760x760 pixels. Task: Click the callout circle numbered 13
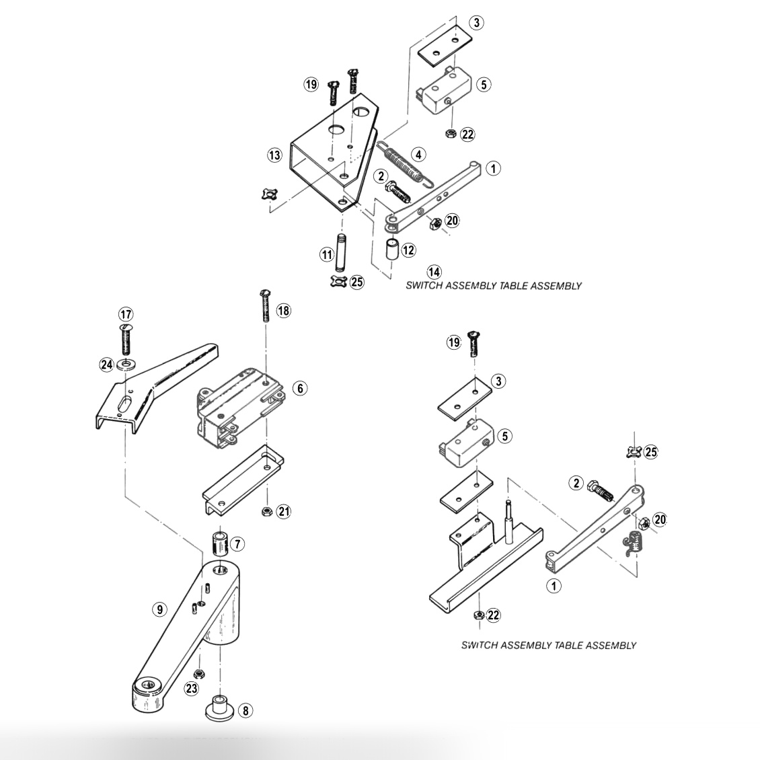pyautogui.click(x=274, y=155)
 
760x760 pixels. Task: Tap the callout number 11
pyautogui.click(x=327, y=254)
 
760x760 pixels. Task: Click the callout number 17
pyautogui.click(x=126, y=314)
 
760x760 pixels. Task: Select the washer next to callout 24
pyautogui.click(x=125, y=365)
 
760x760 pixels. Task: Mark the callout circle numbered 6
pyautogui.click(x=300, y=388)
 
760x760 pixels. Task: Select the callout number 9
pyautogui.click(x=159, y=609)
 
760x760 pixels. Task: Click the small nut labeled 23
pyautogui.click(x=198, y=674)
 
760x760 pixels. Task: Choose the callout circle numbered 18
pyautogui.click(x=284, y=311)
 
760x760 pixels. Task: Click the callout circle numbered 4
pyautogui.click(x=418, y=155)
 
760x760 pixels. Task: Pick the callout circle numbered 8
pyautogui.click(x=245, y=710)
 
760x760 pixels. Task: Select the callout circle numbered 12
pyautogui.click(x=409, y=251)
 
